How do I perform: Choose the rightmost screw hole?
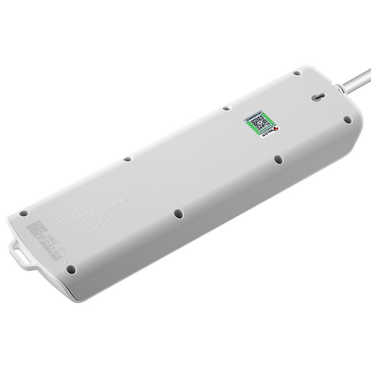pyautogui.click(x=346, y=118)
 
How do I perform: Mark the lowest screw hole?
pyautogui.click(x=70, y=269)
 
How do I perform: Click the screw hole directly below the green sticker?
pyautogui.click(x=278, y=160)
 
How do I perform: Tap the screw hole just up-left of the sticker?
pyautogui.click(x=226, y=108)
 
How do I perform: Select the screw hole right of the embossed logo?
pyautogui.click(x=177, y=214)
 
